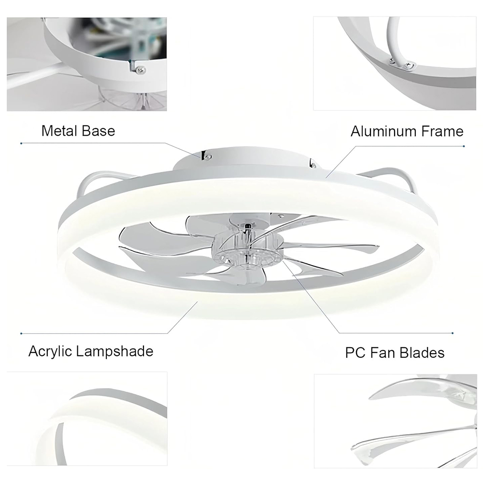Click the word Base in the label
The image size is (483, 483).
tap(99, 131)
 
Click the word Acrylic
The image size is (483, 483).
tap(50, 352)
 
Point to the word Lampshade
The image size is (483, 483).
tap(114, 352)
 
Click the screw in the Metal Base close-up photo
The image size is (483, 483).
tap(142, 70)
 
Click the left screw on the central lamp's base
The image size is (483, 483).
tap(208, 157)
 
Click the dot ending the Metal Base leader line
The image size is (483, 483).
tap(21, 143)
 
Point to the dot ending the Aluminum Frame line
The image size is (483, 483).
tap(464, 146)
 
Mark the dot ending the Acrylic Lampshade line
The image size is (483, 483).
tap(21, 334)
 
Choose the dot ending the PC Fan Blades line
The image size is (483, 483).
tap(453, 333)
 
